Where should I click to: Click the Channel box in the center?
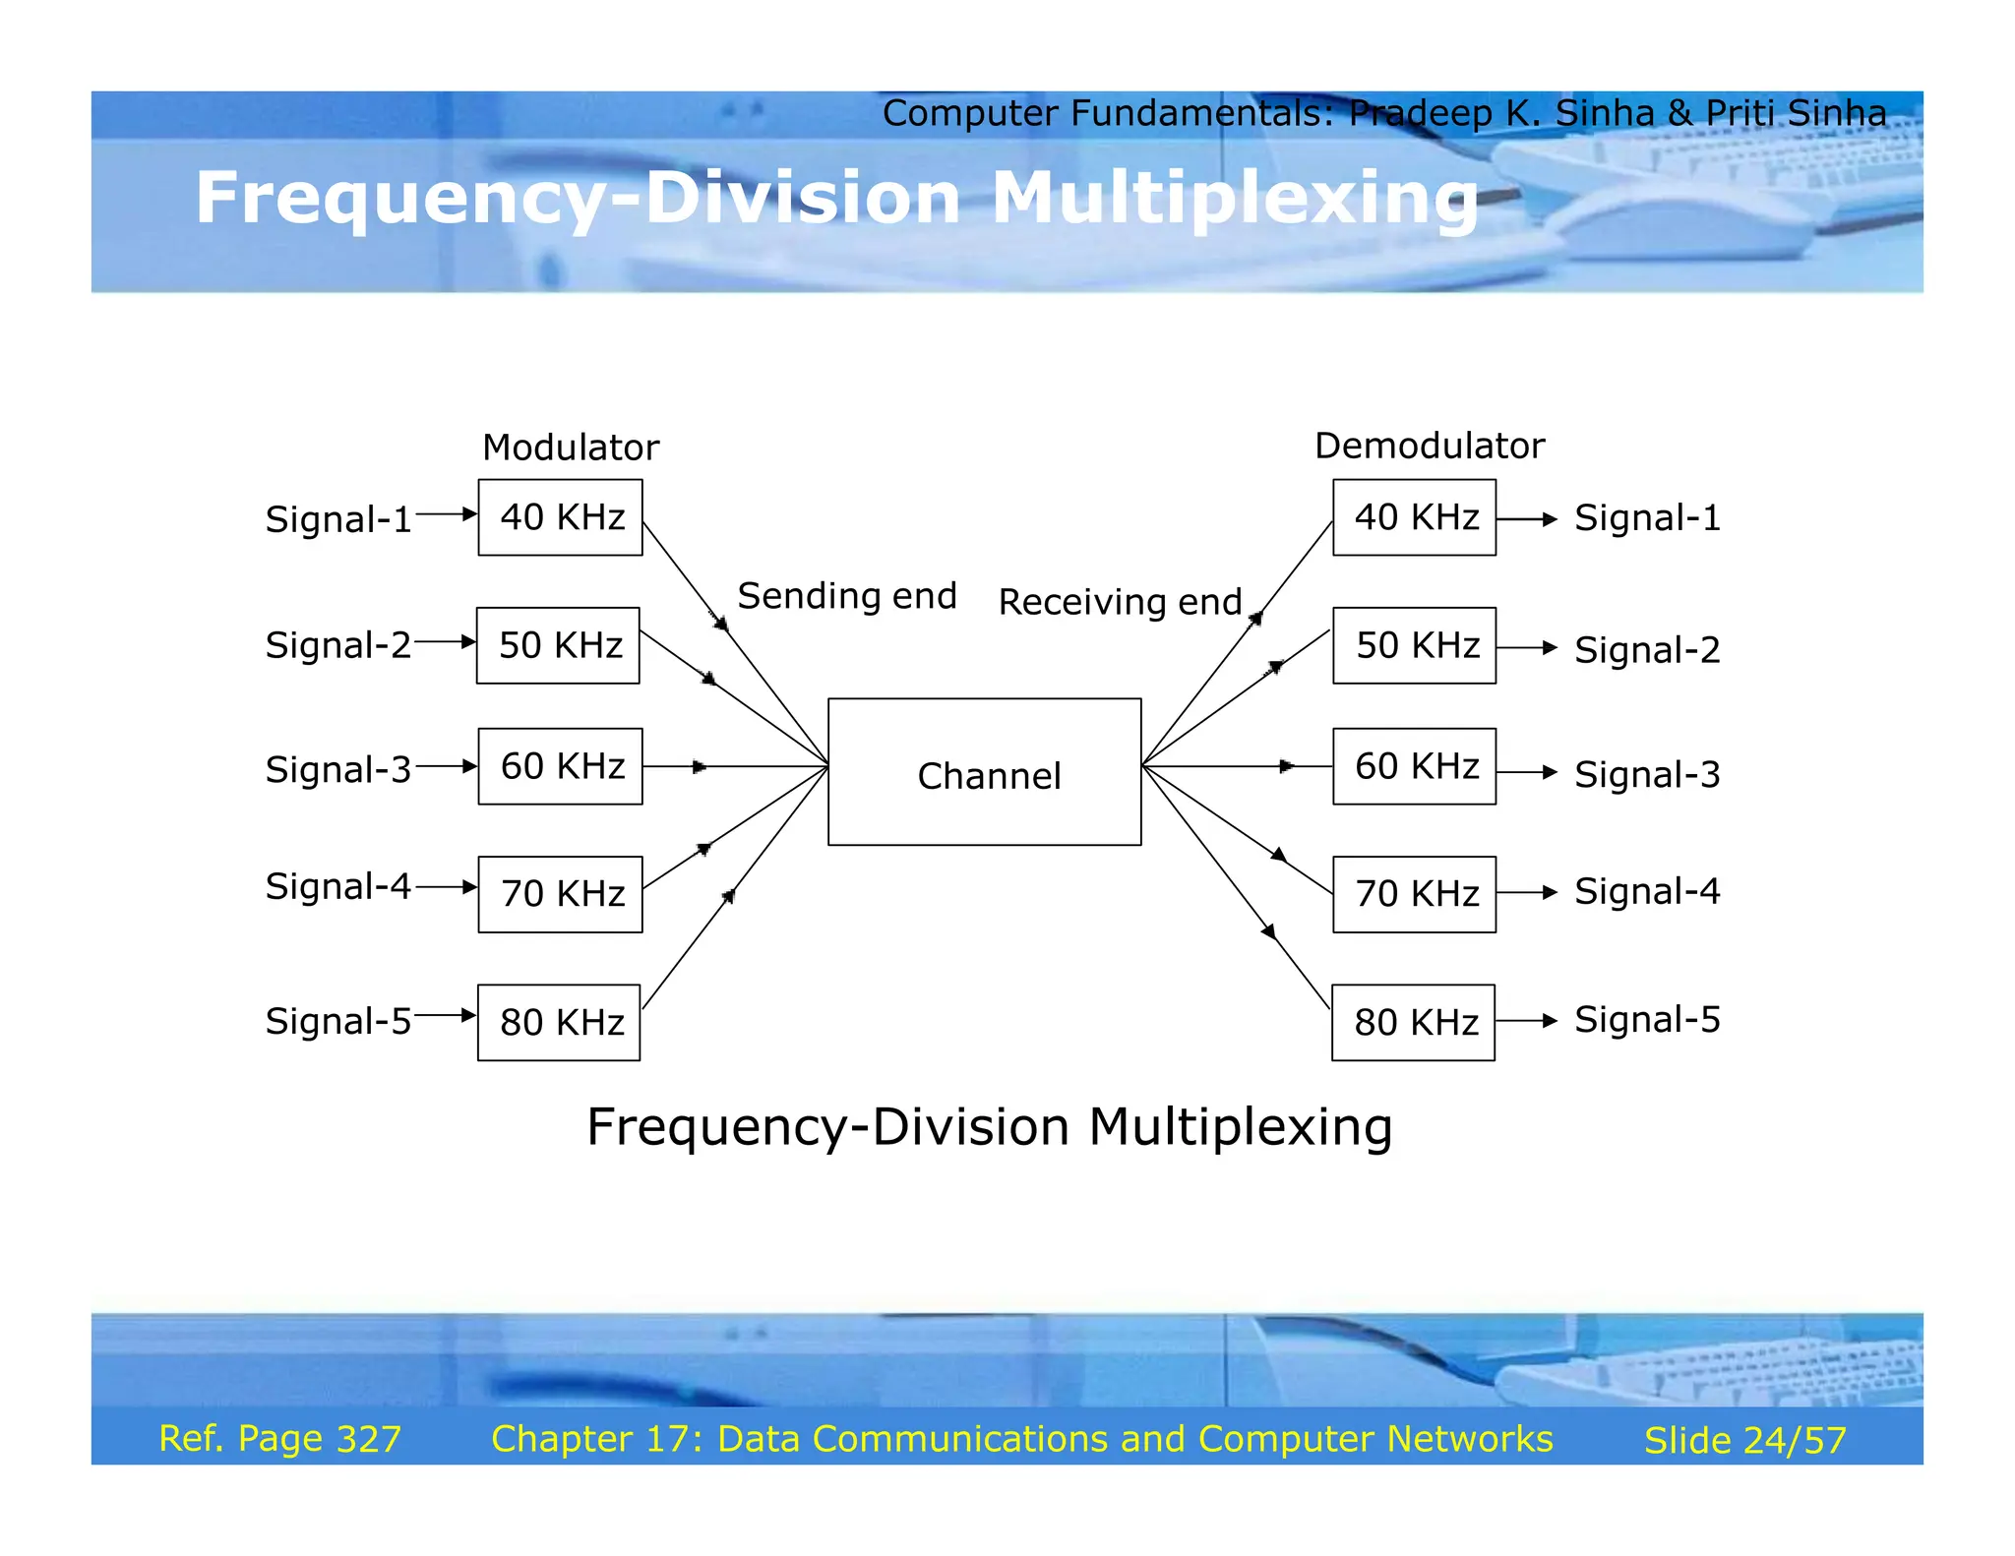[x=984, y=772]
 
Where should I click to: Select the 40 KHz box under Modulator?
[x=560, y=517]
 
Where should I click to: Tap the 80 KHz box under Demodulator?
[x=1413, y=1022]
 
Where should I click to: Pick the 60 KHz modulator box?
[x=560, y=766]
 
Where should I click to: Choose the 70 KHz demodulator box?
[x=1414, y=894]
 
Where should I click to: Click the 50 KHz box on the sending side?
[x=558, y=645]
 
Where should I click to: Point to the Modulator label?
[x=571, y=448]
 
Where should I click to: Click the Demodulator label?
[x=1429, y=446]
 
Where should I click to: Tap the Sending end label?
[x=847, y=596]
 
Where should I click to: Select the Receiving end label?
[x=1120, y=602]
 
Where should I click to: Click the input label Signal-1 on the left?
[x=337, y=519]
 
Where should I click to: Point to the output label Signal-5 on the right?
[x=1647, y=1020]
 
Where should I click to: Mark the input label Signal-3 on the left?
[x=337, y=769]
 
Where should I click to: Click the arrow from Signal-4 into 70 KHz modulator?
[x=446, y=887]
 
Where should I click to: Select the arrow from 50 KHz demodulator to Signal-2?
[x=1526, y=648]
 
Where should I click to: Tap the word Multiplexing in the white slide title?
[x=1234, y=200]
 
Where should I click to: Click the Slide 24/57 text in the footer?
[x=1744, y=1440]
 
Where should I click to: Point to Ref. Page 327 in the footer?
[x=279, y=1439]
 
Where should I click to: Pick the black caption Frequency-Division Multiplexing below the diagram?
[x=989, y=1126]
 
